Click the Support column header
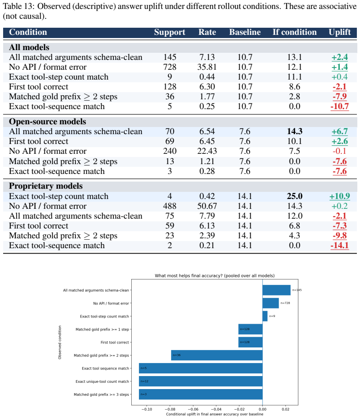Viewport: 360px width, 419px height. pos(169,32)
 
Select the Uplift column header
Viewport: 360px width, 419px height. pos(339,32)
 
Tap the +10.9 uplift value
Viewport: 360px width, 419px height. pos(339,196)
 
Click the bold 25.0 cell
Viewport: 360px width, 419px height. pos(295,196)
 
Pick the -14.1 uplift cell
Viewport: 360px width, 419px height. pos(339,245)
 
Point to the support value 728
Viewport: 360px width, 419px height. pos(170,67)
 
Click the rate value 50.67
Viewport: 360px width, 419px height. pos(207,206)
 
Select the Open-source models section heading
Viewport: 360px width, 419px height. pos(47,122)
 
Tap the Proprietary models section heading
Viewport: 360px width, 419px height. pos(46,186)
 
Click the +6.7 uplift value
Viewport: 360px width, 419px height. pos(339,131)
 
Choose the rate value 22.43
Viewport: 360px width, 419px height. pos(207,151)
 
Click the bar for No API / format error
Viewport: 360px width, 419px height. pos(271,303)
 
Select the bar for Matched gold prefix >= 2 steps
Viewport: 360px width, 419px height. pos(217,355)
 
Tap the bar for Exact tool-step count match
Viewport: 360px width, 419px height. pos(265,316)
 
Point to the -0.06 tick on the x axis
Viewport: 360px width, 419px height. pos(193,409)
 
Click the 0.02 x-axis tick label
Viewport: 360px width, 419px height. pos(285,409)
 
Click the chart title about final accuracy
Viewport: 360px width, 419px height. pos(214,275)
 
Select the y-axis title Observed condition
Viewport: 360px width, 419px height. pos(60,342)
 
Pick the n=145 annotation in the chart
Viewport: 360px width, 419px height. pos(297,290)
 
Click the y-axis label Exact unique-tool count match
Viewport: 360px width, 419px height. pos(102,381)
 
